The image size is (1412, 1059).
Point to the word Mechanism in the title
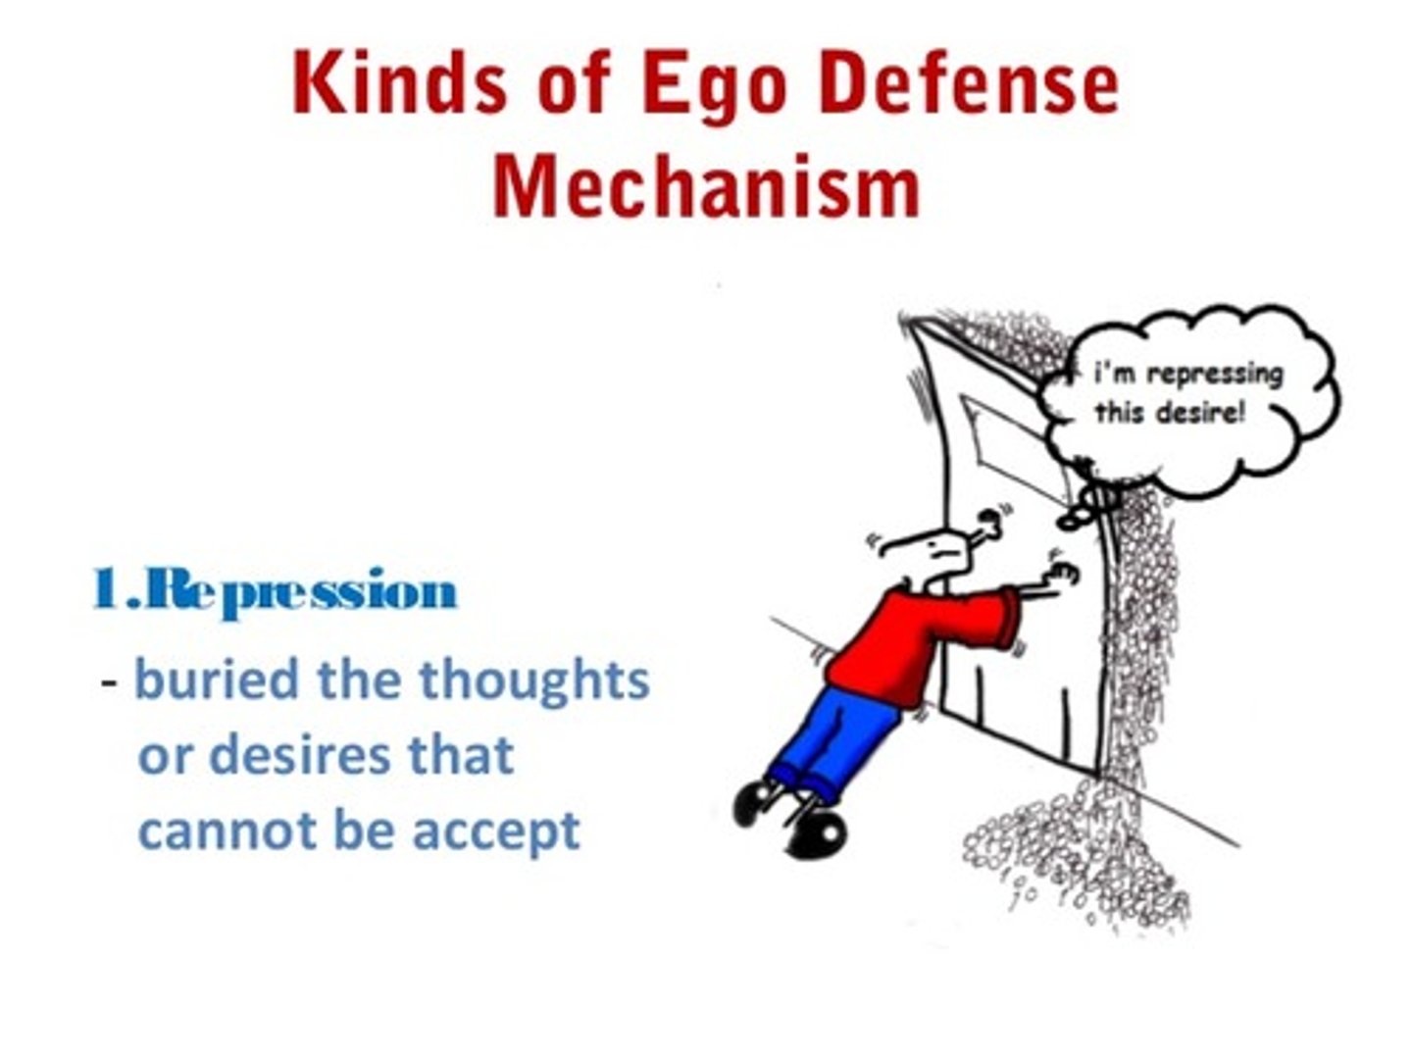pyautogui.click(x=706, y=186)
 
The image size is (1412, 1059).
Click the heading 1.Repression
pyautogui.click(x=276, y=591)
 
